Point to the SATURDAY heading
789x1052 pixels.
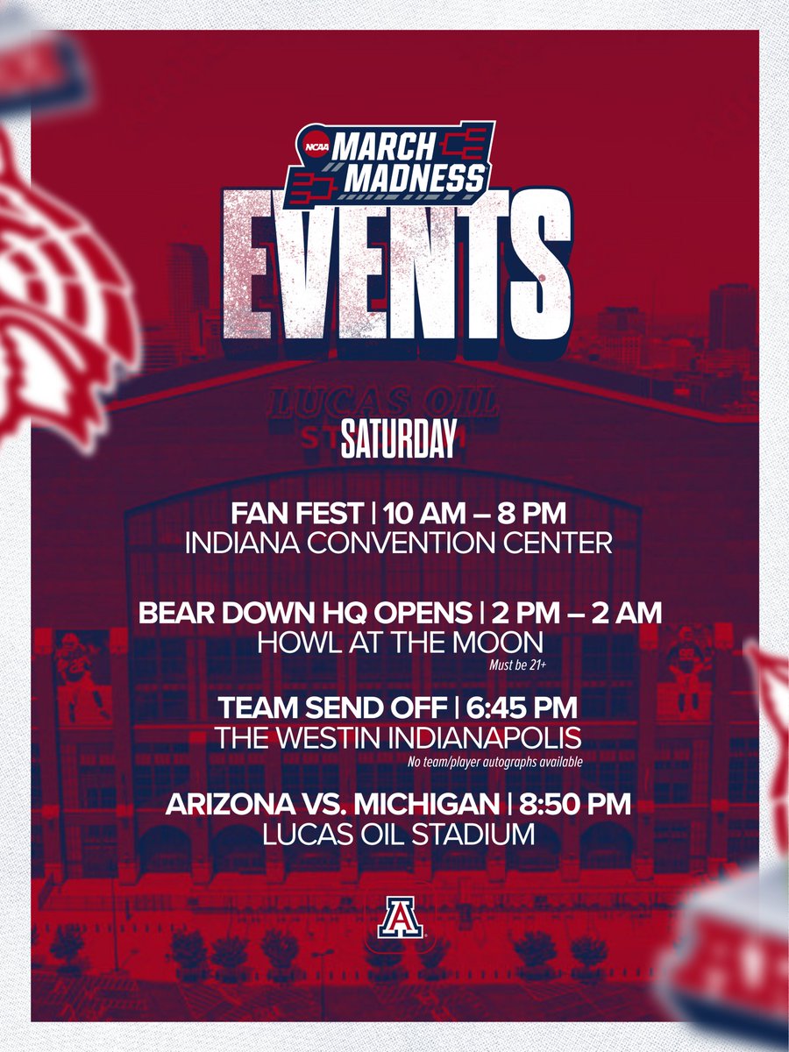(x=399, y=440)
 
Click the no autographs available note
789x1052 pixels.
(x=495, y=761)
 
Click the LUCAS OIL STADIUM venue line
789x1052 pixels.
(x=399, y=835)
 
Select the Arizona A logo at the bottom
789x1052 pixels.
(x=396, y=918)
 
